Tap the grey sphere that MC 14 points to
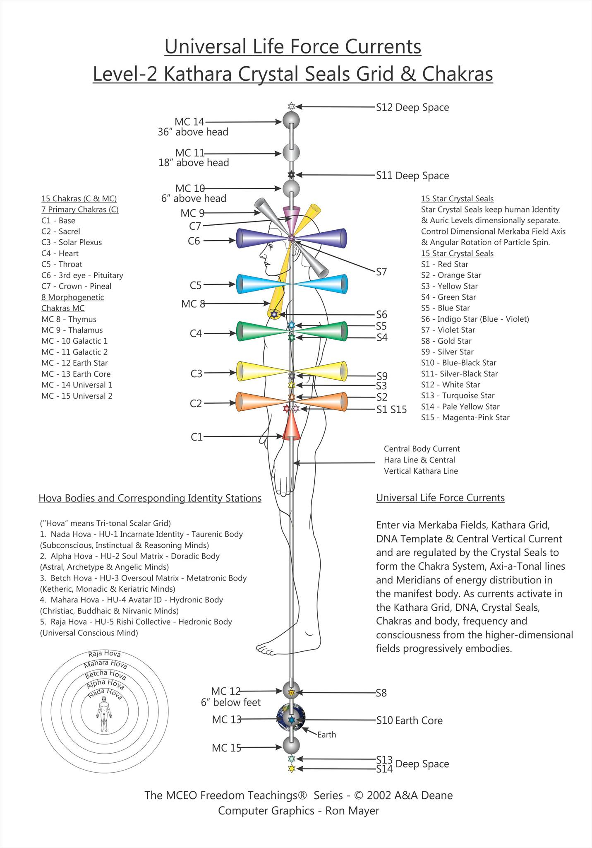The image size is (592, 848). click(x=291, y=121)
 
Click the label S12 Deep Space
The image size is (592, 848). click(x=412, y=107)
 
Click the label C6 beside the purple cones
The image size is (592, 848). click(x=194, y=241)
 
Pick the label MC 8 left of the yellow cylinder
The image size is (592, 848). click(x=193, y=304)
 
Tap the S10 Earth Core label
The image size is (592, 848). click(x=409, y=720)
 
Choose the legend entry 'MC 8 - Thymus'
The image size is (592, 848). click(x=69, y=319)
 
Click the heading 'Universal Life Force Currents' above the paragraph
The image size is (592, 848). click(x=440, y=498)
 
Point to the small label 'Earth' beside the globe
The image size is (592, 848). click(x=326, y=735)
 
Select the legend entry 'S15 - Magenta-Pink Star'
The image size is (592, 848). click(x=465, y=417)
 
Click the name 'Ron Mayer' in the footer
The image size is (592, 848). click(x=352, y=810)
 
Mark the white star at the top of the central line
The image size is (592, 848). click(x=291, y=106)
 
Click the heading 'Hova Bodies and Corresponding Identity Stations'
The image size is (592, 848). click(x=150, y=498)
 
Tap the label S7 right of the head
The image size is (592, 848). click(x=381, y=272)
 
